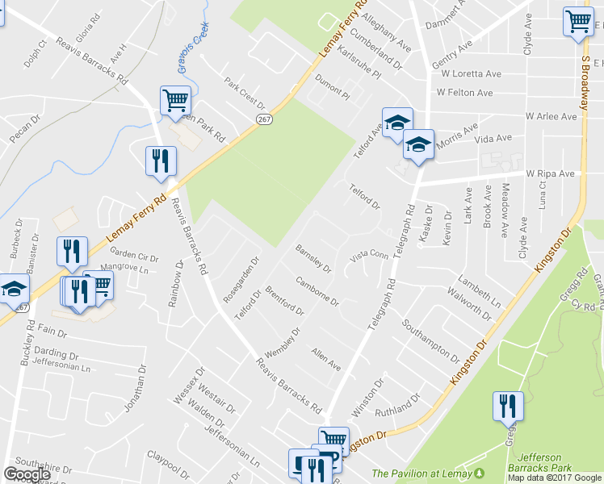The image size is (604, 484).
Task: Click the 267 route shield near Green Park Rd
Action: tap(264, 119)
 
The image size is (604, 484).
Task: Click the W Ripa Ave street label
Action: tap(550, 173)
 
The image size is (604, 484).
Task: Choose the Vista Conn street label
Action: tap(369, 256)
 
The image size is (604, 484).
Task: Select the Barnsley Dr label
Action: tap(313, 259)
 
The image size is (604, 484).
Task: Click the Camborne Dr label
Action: tap(317, 294)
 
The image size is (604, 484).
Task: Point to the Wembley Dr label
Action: tap(283, 343)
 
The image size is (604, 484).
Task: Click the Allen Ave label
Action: tap(326, 360)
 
